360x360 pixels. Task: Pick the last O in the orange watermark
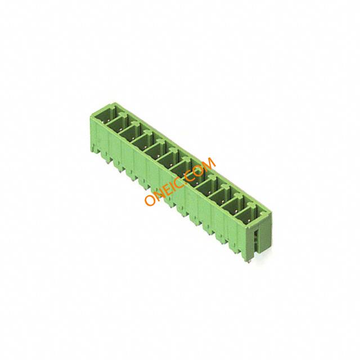[x=198, y=170]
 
